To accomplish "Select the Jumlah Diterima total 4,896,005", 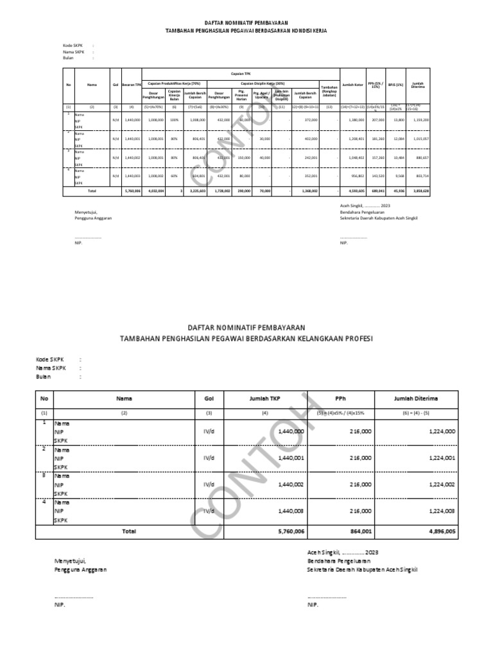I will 437,532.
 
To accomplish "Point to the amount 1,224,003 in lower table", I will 440,511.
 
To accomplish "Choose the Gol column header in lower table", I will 209,399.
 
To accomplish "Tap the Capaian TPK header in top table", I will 239,74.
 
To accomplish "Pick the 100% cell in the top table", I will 173,119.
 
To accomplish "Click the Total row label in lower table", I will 129,532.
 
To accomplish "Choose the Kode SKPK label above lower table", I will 49,359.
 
